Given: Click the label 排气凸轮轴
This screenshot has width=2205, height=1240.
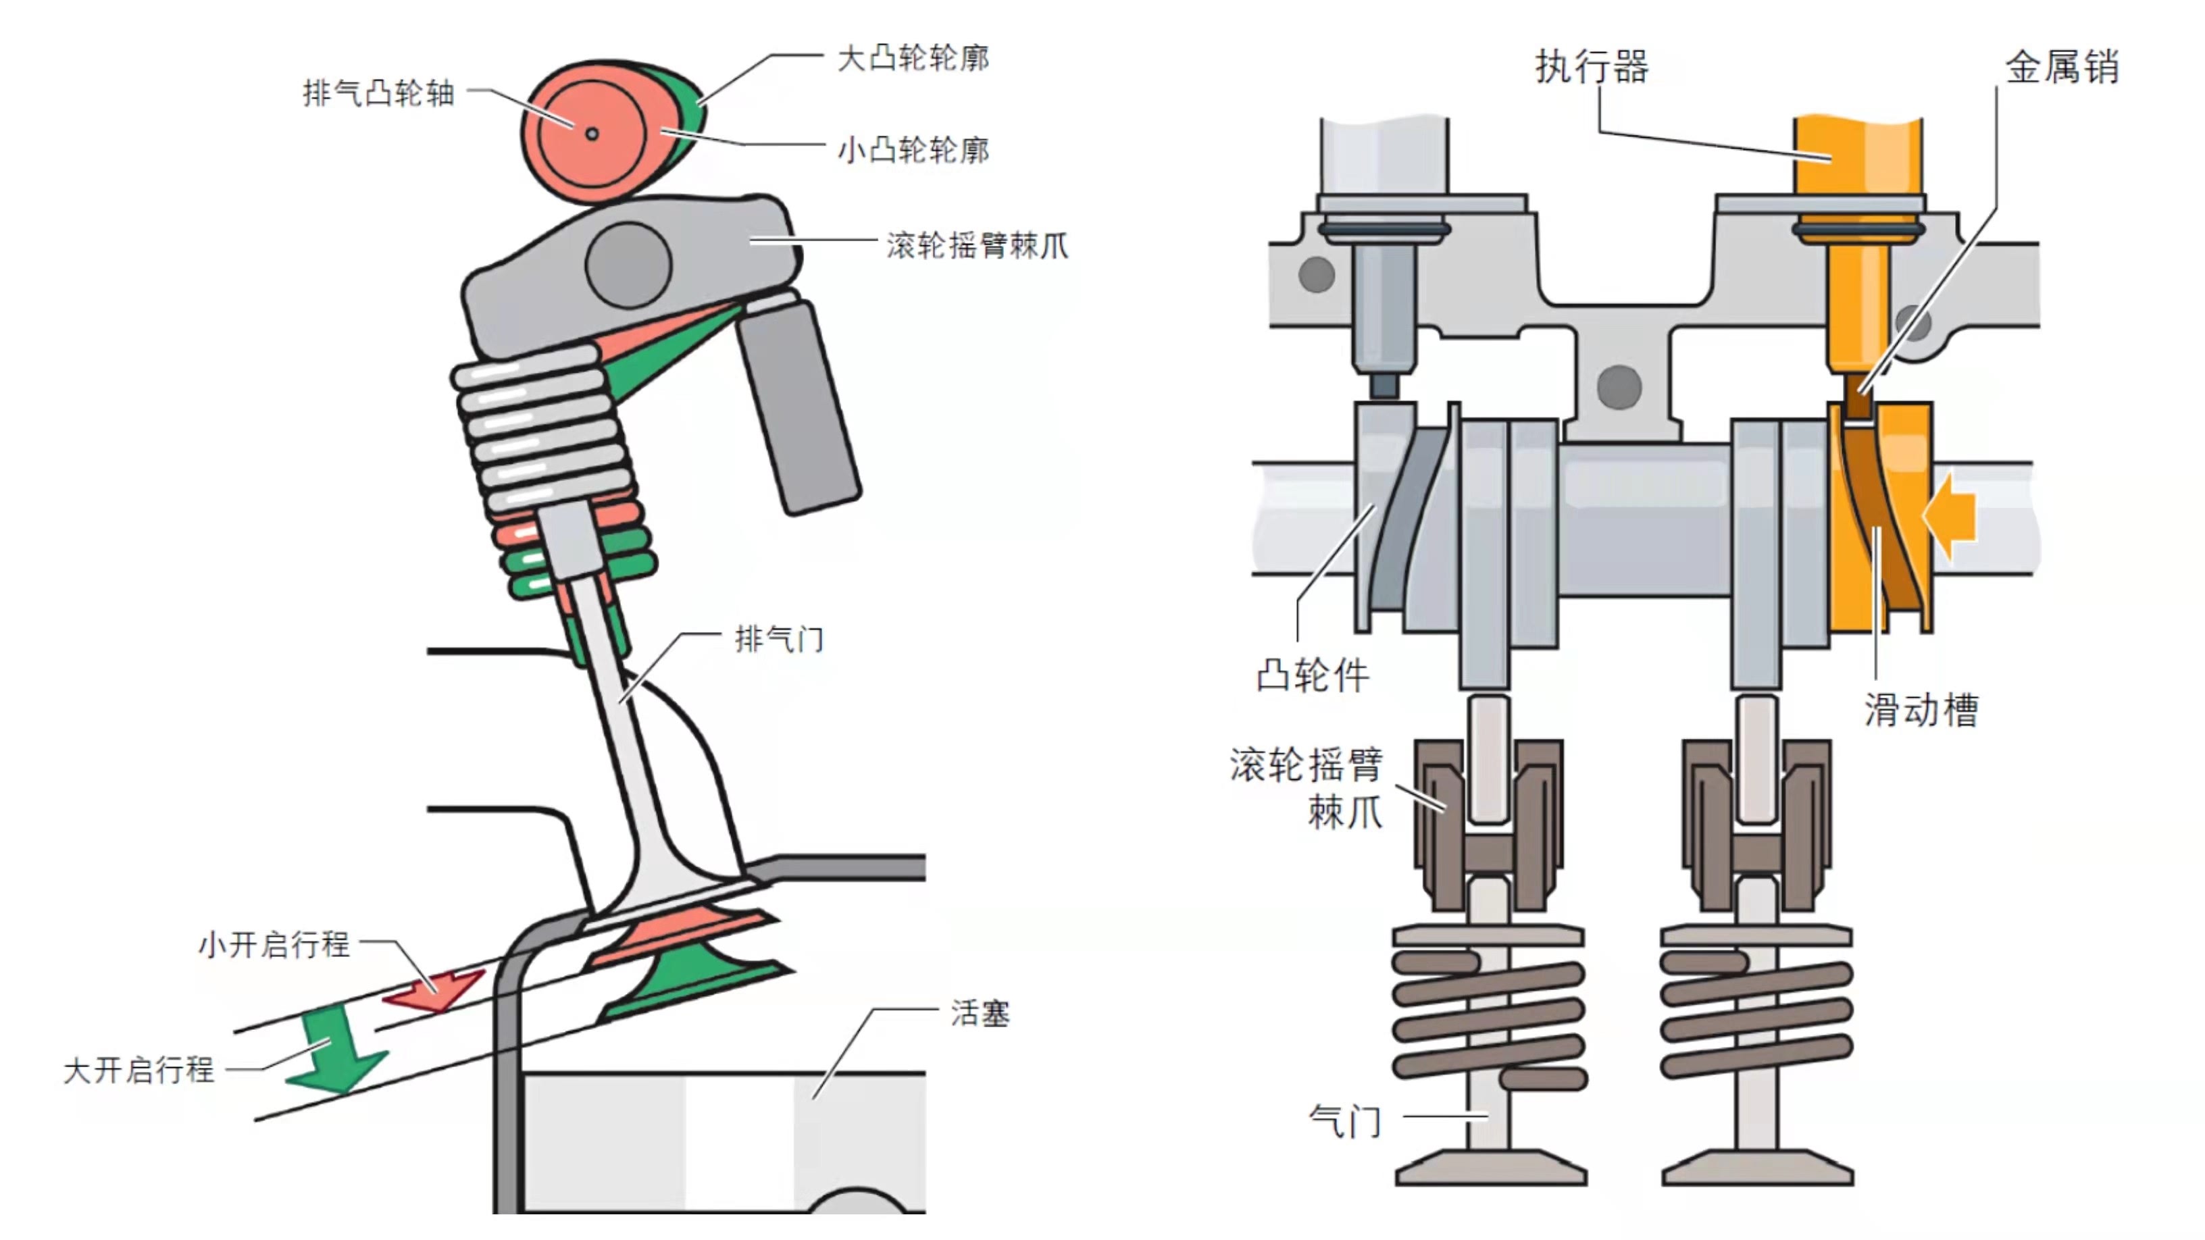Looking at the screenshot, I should [378, 93].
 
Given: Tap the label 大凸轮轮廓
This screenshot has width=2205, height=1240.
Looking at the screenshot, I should [913, 58].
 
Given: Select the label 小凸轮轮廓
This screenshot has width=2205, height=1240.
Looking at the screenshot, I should [913, 151].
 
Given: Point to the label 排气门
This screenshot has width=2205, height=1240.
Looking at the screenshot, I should [779, 638].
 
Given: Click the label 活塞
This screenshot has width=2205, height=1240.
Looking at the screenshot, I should [980, 1013].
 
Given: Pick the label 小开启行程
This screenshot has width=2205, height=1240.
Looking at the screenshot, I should [274, 944].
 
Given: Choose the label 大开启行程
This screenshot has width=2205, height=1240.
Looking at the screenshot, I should [138, 1070].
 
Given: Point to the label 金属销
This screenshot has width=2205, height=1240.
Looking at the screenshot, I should [2061, 67].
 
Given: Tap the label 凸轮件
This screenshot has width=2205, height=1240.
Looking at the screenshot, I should [1312, 676].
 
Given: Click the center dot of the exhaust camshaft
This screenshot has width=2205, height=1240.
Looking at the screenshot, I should [592, 134].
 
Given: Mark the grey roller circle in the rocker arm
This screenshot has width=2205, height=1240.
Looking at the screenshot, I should [628, 265].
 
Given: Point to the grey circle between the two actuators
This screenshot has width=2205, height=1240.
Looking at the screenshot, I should [1619, 387].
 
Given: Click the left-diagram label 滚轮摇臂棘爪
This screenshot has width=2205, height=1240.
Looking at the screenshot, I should [977, 246].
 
